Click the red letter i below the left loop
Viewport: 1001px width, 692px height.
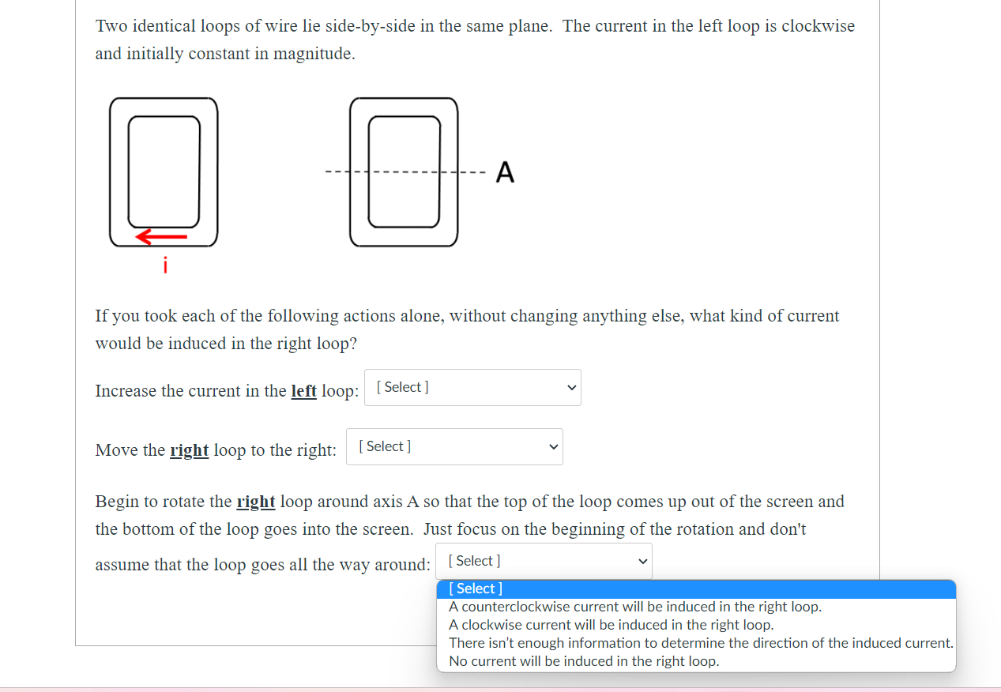165,265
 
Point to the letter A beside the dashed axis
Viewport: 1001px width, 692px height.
505,172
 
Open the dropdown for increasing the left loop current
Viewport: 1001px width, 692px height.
472,388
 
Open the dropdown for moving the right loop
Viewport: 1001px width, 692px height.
454,447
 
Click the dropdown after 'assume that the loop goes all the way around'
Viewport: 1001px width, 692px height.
544,562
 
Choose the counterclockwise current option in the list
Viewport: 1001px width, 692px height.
635,607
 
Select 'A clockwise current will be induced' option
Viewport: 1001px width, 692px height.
611,625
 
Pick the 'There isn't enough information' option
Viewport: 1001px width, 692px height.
701,643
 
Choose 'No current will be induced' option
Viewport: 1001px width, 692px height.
584,661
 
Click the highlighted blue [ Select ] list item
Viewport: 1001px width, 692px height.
476,589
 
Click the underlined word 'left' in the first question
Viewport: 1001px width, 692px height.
304,391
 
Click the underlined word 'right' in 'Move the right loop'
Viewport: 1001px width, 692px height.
190,450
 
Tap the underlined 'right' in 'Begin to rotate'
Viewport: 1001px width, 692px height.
256,502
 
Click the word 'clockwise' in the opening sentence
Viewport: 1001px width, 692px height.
818,26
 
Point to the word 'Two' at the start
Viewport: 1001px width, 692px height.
112,26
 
